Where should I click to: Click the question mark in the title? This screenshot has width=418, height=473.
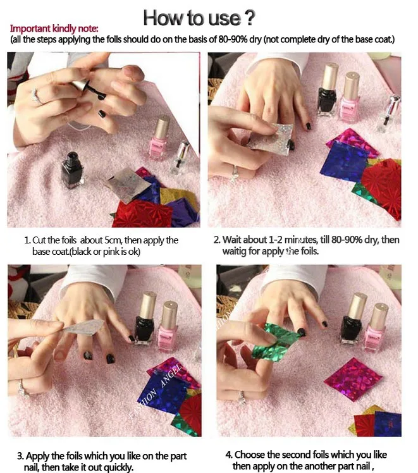pyautogui.click(x=249, y=18)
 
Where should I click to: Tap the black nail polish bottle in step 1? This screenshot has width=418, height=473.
pyautogui.click(x=72, y=170)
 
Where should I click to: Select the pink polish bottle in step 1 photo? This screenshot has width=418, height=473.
pyautogui.click(x=159, y=139)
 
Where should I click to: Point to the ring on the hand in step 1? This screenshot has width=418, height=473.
pyautogui.click(x=36, y=97)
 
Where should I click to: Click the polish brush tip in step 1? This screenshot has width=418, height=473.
pyautogui.click(x=102, y=95)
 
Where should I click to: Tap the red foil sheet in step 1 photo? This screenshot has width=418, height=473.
pyautogui.click(x=141, y=213)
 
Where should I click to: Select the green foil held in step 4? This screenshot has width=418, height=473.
pyautogui.click(x=274, y=340)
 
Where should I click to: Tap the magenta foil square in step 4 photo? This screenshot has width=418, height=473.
pyautogui.click(x=353, y=379)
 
